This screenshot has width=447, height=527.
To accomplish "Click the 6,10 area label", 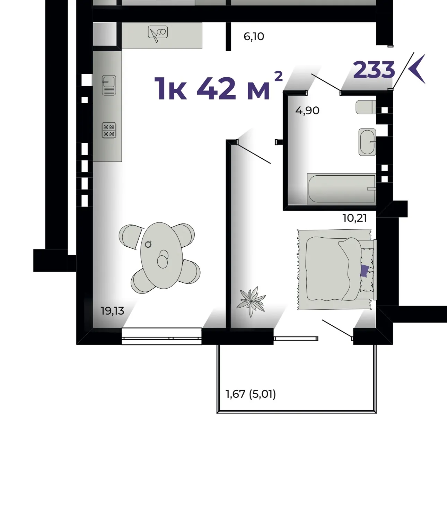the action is click(x=254, y=37).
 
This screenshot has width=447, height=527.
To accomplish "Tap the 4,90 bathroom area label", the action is click(x=307, y=111).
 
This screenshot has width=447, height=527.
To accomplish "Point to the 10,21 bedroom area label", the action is click(x=355, y=218).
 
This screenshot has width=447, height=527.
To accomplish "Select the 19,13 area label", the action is click(x=113, y=311).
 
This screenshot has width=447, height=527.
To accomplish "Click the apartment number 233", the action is click(x=374, y=69).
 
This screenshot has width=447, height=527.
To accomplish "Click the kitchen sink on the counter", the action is click(x=109, y=85).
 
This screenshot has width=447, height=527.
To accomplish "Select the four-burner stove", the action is click(x=109, y=130).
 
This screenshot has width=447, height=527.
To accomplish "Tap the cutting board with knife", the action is click(x=158, y=33).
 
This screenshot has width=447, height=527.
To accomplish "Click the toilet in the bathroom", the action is click(x=366, y=107).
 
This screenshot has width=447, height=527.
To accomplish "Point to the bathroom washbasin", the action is click(x=367, y=142).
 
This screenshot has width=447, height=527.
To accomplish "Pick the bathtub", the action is click(x=341, y=189).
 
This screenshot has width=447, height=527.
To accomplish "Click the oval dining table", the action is click(x=162, y=255).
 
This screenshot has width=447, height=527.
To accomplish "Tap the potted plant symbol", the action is click(x=251, y=302).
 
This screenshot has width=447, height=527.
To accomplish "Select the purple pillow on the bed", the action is click(x=365, y=271).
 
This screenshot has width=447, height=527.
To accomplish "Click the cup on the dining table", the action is click(x=148, y=244).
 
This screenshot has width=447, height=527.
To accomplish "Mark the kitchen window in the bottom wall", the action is click(x=162, y=336).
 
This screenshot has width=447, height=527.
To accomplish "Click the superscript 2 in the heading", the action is click(x=279, y=76).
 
